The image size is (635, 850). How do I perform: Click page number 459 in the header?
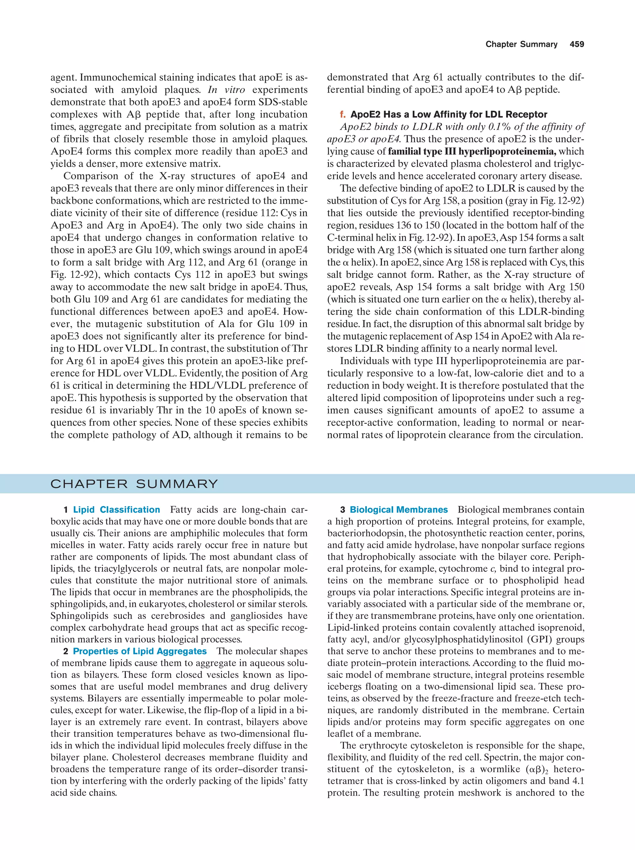point(577,44)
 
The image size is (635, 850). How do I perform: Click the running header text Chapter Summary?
point(521,44)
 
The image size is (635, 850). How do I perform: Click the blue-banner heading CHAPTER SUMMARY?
point(134,484)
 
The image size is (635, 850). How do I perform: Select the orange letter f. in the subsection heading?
point(343,114)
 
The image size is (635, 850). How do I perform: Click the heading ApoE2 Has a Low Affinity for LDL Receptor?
point(449,114)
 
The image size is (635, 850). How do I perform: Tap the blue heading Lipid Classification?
point(116,510)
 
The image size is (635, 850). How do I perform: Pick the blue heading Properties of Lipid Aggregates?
point(140,651)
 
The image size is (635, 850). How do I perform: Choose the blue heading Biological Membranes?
point(398,510)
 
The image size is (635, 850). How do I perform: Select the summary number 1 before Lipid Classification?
point(66,510)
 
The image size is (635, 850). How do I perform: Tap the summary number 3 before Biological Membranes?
point(342,510)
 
